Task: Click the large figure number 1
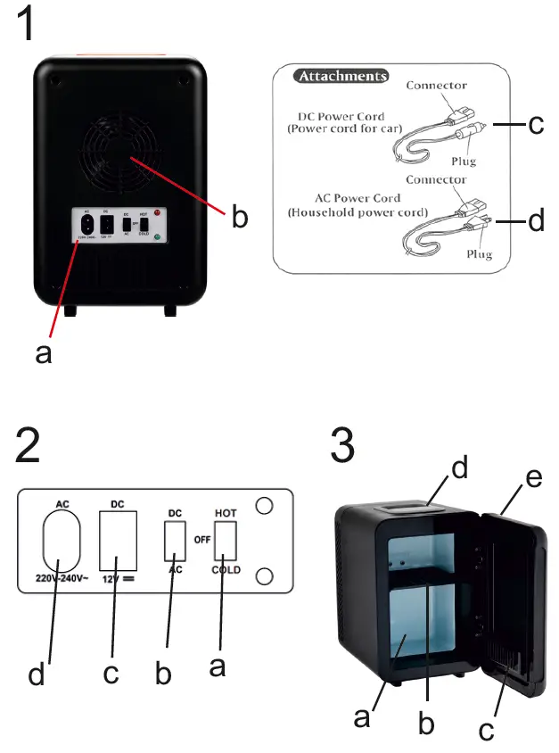coord(29,24)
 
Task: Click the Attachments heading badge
coord(342,77)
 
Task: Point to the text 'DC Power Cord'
coord(341,116)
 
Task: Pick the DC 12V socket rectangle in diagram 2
coord(118,541)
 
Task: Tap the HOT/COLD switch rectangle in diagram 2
coord(225,540)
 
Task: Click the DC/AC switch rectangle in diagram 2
coord(175,540)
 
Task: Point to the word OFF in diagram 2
coord(201,540)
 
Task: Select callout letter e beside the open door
coord(533,479)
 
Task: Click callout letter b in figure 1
coord(239,217)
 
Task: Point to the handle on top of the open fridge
coord(406,507)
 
